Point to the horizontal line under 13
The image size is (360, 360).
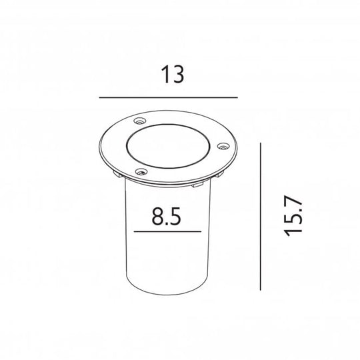point(168,98)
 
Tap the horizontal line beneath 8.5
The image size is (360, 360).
point(167,232)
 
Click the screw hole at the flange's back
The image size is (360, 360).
point(139,121)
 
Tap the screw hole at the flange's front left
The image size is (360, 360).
point(140,172)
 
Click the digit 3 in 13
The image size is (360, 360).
point(177,75)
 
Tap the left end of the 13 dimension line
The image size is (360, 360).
point(100,98)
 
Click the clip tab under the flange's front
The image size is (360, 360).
point(197,185)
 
